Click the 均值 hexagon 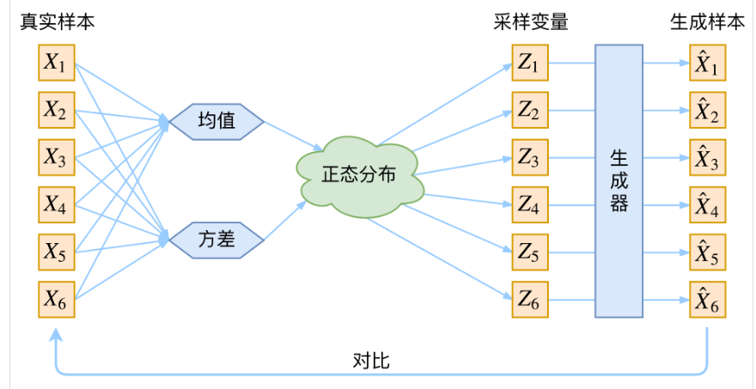tap(216, 121)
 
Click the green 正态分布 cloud tap(359, 174)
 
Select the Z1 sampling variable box tap(529, 63)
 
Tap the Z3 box tap(529, 158)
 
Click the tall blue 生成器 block tap(619, 180)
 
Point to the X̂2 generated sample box tap(706, 111)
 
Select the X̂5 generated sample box tap(706, 252)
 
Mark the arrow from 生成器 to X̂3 tap(666, 158)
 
